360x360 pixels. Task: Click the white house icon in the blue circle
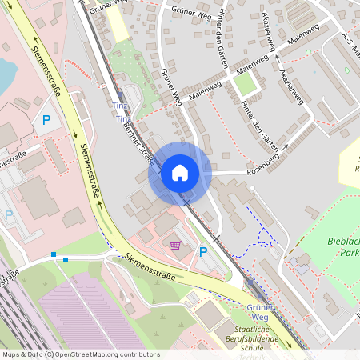(x=180, y=172)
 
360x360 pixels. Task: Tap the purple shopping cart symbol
(x=176, y=245)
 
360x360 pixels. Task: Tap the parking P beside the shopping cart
(x=202, y=252)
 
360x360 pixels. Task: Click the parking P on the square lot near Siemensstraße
(x=46, y=121)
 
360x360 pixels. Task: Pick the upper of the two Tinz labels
(x=118, y=106)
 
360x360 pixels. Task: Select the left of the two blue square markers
(x=54, y=254)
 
